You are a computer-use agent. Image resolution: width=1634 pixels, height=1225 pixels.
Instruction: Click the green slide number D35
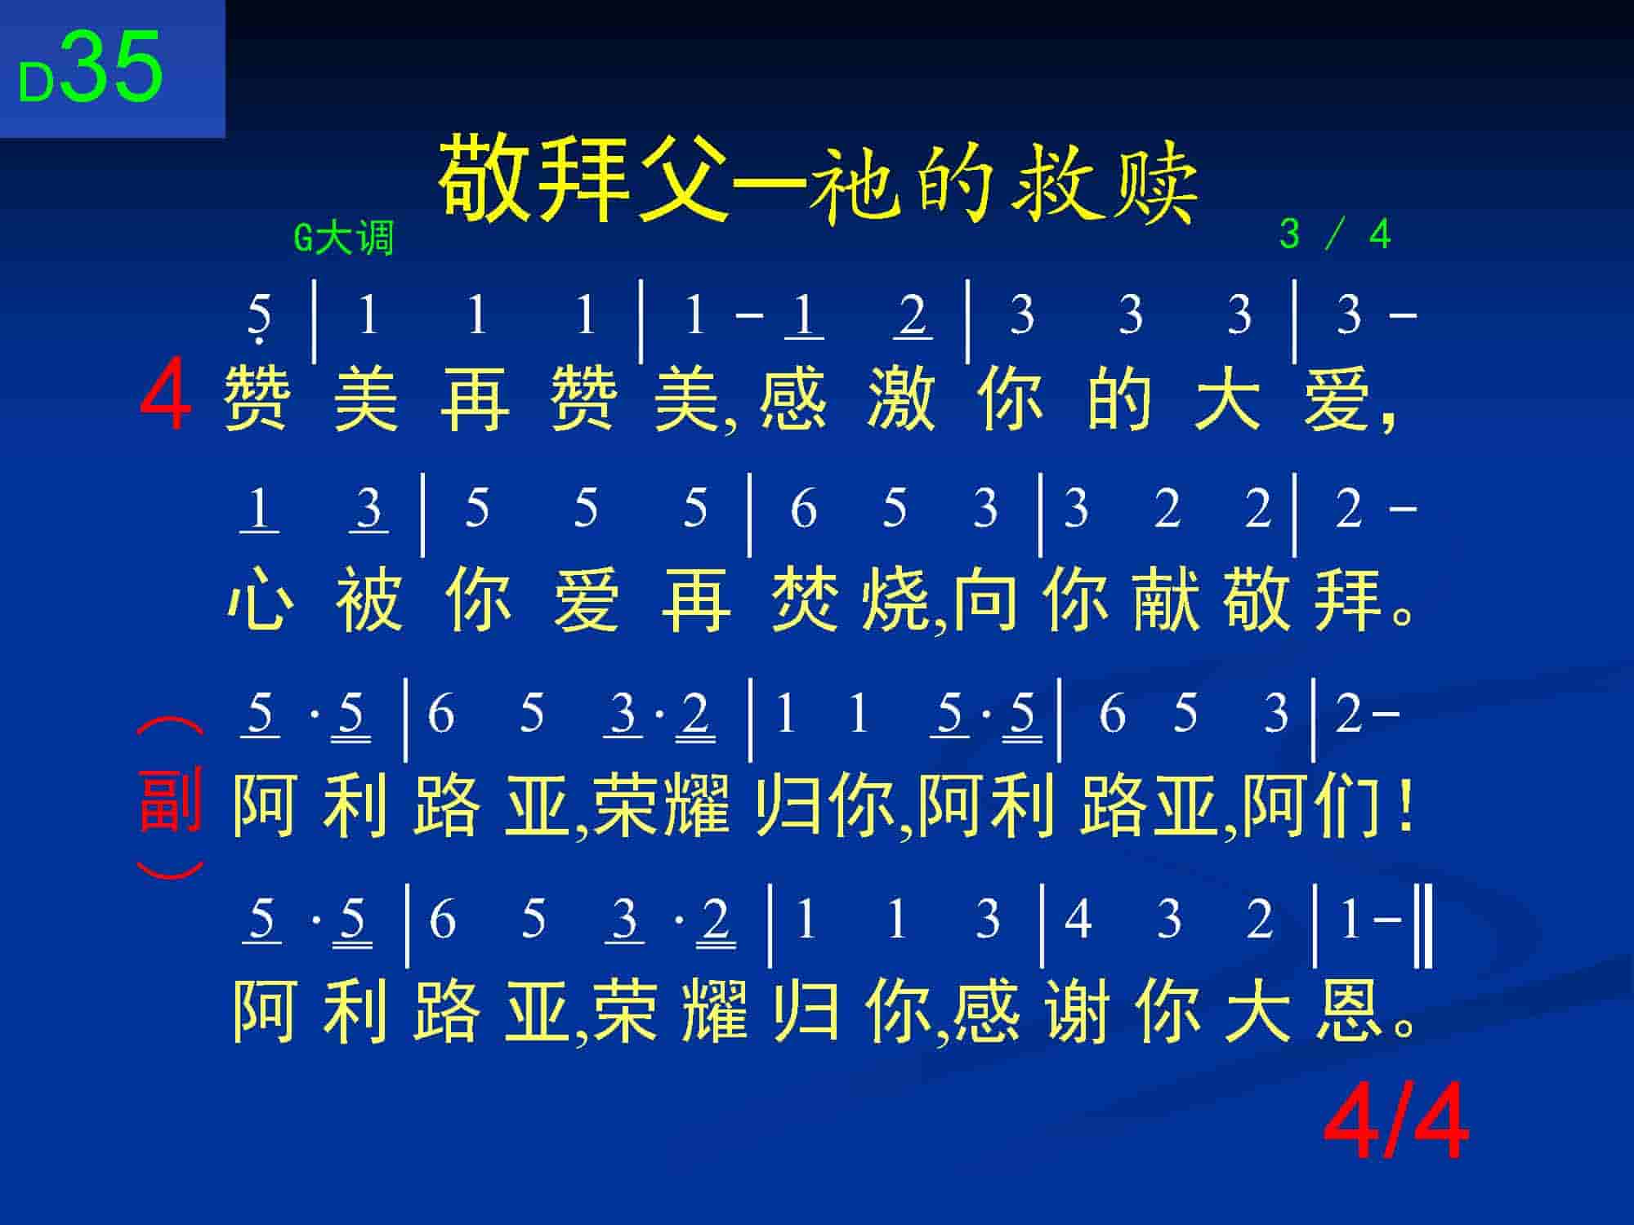(x=91, y=68)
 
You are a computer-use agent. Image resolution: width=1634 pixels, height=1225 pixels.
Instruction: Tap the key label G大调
(x=344, y=238)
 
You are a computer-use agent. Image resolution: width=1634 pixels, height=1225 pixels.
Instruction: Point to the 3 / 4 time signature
(x=1334, y=234)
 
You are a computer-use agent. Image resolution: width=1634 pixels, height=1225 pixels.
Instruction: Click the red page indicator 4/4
(x=1396, y=1125)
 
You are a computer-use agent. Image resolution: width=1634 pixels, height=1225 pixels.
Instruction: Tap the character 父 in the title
(x=683, y=178)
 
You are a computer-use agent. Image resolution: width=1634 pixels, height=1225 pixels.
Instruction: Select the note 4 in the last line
(x=1078, y=918)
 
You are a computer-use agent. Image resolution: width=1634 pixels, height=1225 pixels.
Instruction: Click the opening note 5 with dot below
(x=259, y=317)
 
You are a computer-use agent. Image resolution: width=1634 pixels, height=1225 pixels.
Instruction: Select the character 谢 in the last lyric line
(x=1077, y=1009)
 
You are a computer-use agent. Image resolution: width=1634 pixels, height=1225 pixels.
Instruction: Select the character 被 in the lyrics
(x=369, y=601)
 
